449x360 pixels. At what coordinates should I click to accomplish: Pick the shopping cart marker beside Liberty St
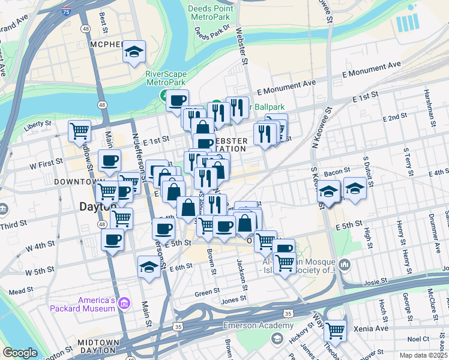[79, 130]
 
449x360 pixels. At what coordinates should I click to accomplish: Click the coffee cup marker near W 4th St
[113, 240]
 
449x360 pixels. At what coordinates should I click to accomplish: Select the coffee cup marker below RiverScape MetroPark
[177, 100]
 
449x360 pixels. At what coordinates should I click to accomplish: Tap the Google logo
[20, 353]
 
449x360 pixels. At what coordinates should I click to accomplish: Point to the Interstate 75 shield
[65, 11]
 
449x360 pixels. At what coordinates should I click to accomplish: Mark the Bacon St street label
[332, 172]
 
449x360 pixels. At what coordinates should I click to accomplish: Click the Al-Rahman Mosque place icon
[345, 265]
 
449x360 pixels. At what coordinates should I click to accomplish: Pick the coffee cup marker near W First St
[109, 160]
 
